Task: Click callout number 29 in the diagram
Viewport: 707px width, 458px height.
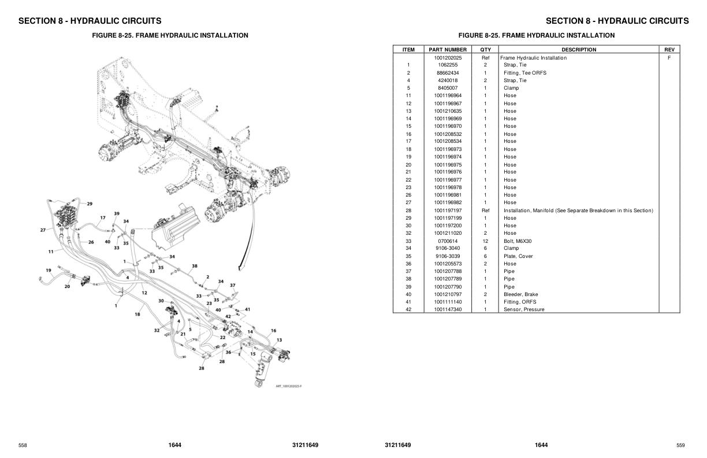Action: click(90, 204)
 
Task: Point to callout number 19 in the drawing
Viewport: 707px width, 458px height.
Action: click(49, 271)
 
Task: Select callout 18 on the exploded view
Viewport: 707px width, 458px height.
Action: click(137, 314)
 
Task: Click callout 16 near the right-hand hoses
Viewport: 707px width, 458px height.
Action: click(273, 331)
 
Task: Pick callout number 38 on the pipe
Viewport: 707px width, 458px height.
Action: click(195, 266)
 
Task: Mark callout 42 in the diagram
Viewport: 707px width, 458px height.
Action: click(228, 316)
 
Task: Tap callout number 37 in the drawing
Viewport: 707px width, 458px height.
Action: click(233, 285)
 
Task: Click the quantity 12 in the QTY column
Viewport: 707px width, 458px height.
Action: click(485, 241)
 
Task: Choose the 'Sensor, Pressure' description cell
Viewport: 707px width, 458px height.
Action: click(524, 309)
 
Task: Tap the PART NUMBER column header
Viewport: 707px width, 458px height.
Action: click(448, 50)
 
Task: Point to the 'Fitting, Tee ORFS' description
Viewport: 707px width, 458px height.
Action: click(524, 73)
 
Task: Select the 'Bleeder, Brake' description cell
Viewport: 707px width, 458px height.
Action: click(520, 294)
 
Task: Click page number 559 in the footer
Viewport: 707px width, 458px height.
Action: click(680, 445)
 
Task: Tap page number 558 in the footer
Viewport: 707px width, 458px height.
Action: click(23, 445)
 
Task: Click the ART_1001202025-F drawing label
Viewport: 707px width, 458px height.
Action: click(289, 386)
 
